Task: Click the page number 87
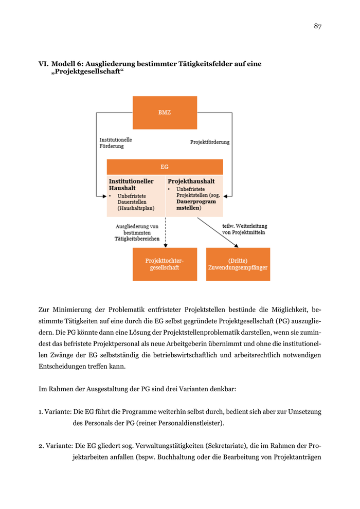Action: coord(317,27)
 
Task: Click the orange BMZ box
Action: coord(165,113)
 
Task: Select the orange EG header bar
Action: coord(165,167)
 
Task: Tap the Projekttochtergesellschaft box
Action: coord(165,264)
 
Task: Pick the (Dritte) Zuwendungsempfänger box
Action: coord(238,264)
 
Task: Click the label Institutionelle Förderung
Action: coord(115,142)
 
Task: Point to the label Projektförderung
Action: coord(210,142)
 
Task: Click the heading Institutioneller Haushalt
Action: coord(131,185)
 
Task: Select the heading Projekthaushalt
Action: coord(191,181)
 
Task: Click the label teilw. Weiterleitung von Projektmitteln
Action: coord(244,229)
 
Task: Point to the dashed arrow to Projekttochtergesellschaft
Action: coord(165,232)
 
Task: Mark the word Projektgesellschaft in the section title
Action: coord(88,72)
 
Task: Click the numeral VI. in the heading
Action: coord(43,64)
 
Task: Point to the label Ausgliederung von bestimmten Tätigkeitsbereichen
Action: coord(137,232)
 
